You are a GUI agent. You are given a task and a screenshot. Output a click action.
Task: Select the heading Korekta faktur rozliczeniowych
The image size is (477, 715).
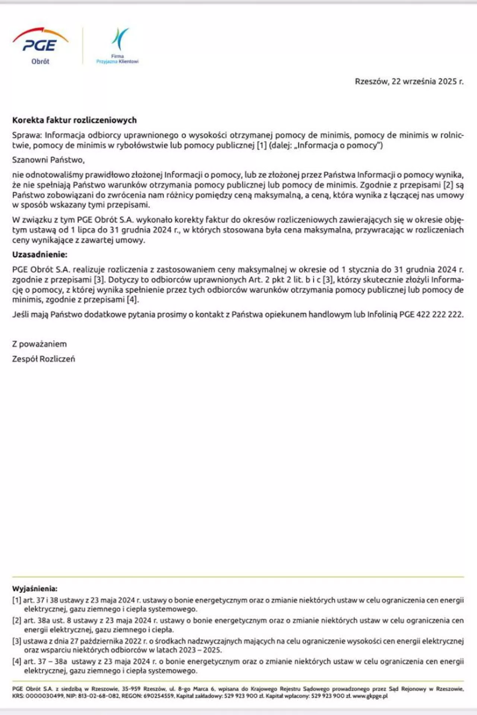click(75, 120)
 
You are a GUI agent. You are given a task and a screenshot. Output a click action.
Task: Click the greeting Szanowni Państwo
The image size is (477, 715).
click(48, 160)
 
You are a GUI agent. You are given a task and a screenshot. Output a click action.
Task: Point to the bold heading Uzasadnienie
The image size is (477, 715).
click(40, 255)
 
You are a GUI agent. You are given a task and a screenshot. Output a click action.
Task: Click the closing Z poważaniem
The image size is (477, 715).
click(40, 344)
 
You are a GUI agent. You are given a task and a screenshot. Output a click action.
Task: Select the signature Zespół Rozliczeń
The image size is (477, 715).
click(44, 359)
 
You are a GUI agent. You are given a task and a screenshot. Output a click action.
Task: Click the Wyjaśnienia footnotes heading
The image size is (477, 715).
click(35, 589)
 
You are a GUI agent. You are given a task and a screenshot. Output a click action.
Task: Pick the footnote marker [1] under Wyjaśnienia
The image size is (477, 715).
click(17, 600)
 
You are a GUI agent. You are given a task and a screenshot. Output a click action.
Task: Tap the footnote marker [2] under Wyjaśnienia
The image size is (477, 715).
click(17, 621)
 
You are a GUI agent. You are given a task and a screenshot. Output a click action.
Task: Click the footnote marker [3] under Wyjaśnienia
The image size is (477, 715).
click(17, 641)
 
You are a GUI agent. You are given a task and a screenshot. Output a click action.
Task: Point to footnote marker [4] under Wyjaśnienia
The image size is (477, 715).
click(17, 662)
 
